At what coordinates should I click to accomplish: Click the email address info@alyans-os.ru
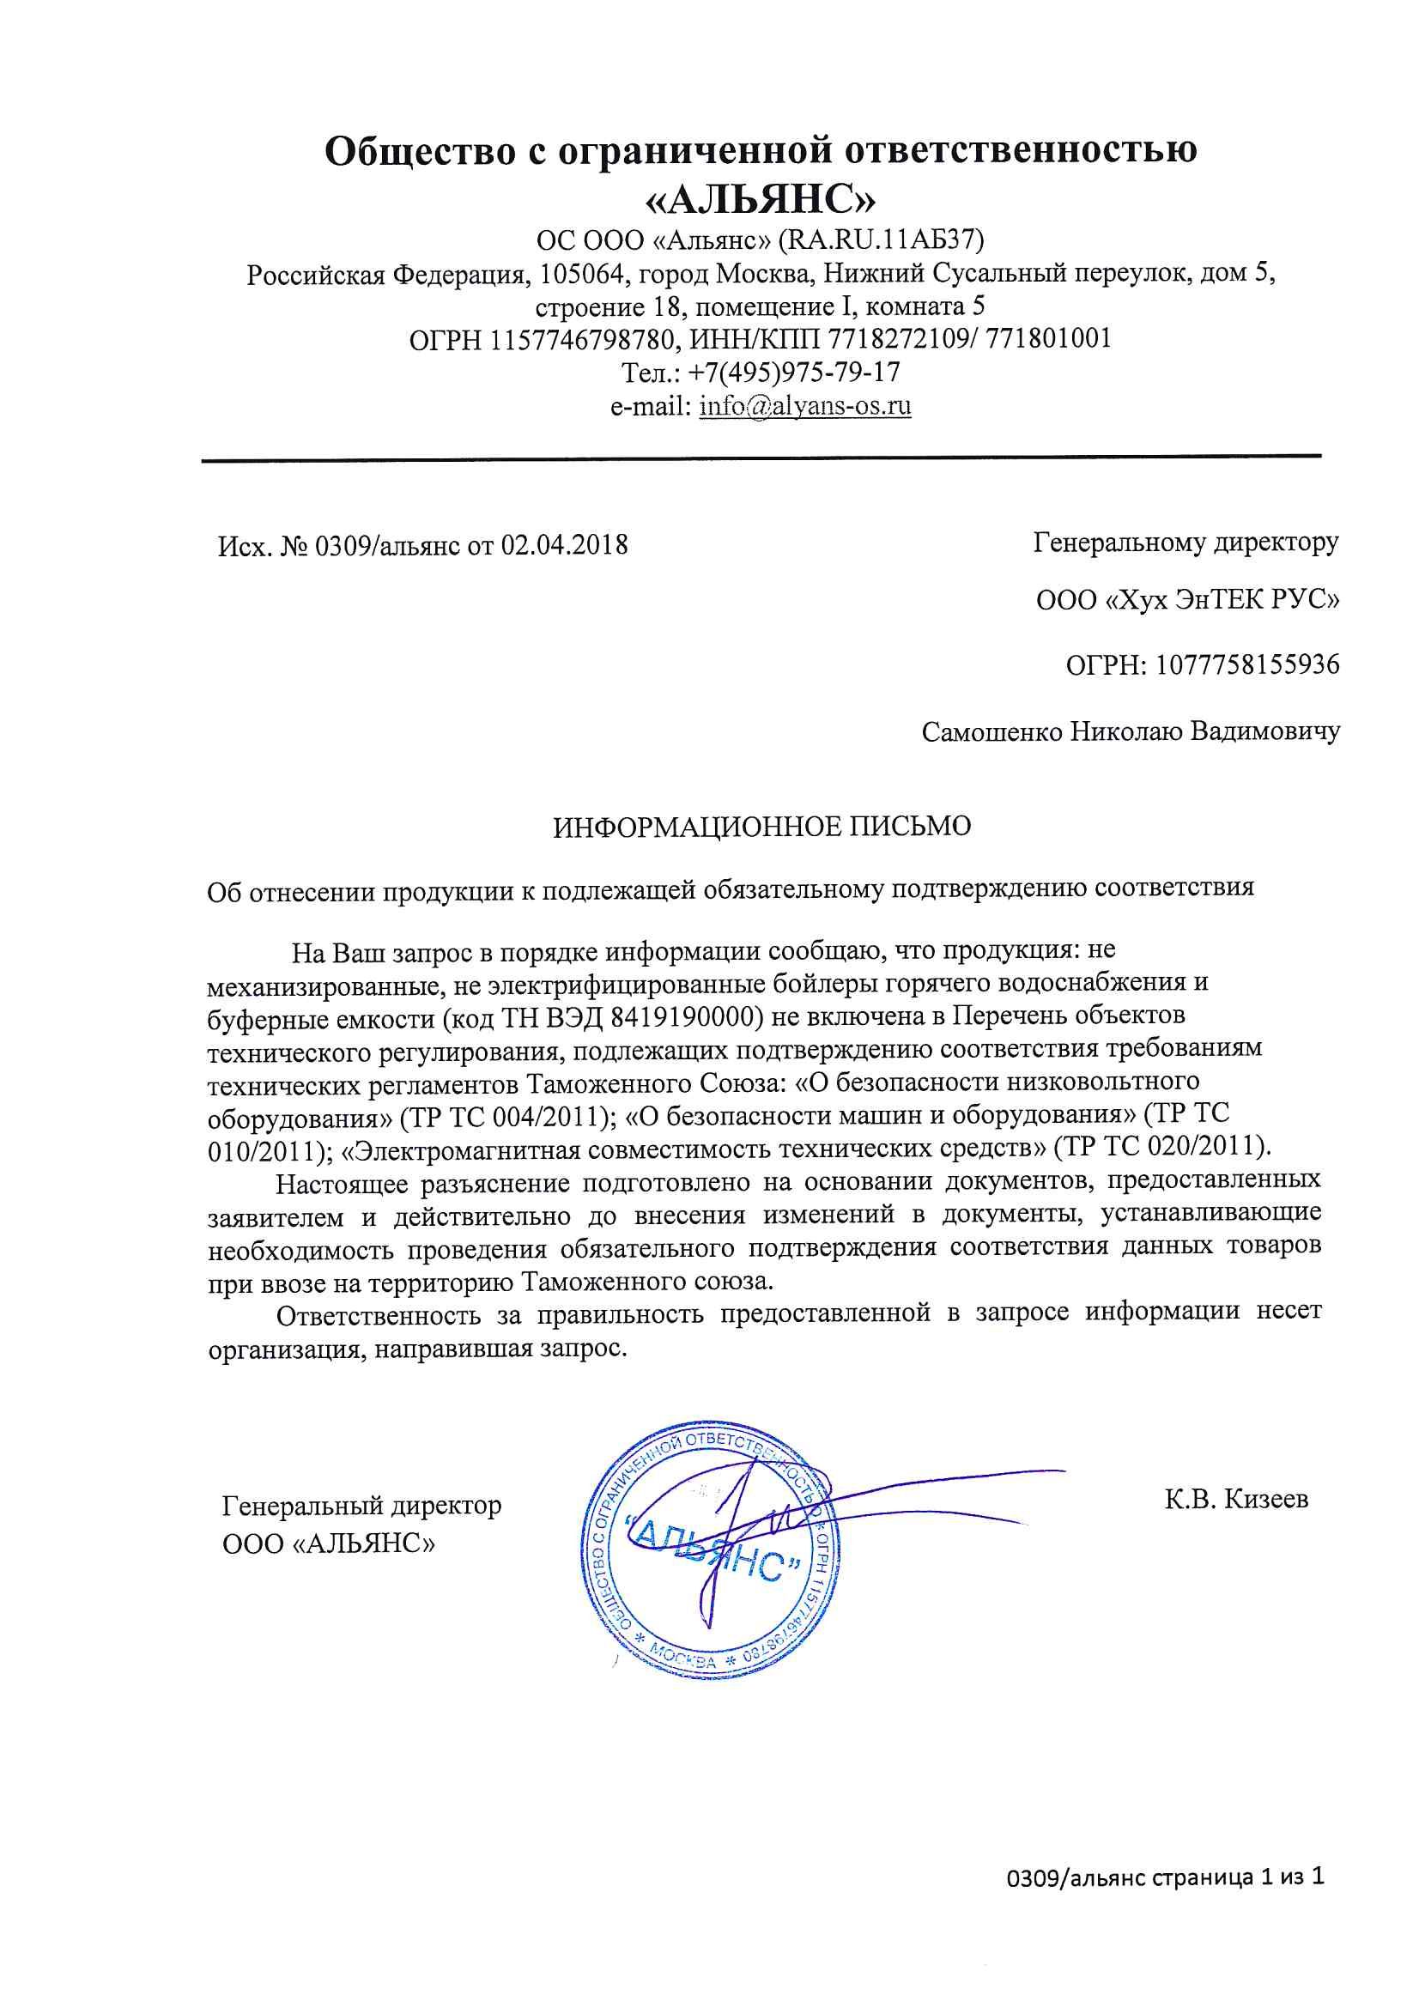(805, 407)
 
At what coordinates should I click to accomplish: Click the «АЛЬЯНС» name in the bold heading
(759, 200)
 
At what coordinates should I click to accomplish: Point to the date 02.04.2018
(564, 545)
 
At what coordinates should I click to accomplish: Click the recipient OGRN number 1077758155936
(1247, 665)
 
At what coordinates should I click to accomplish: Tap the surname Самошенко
(992, 731)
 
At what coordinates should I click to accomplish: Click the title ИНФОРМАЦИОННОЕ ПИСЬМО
(761, 827)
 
